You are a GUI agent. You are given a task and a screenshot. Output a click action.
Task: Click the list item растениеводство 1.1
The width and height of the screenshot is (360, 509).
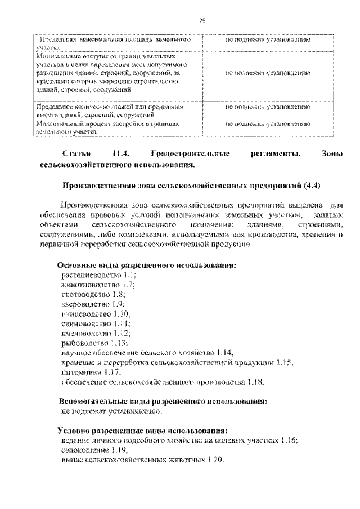[98, 276]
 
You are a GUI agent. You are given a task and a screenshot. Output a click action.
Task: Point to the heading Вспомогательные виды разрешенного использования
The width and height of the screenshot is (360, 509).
[163, 402]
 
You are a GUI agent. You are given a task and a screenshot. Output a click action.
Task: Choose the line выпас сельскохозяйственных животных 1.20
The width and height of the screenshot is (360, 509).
[143, 460]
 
